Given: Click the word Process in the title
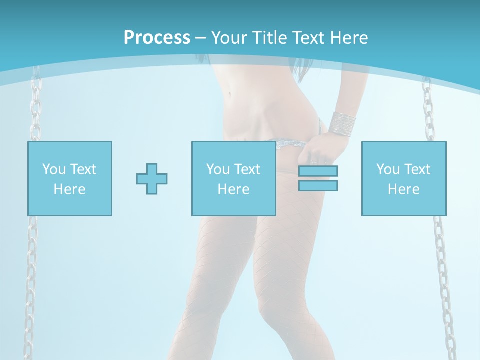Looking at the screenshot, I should click(x=157, y=38).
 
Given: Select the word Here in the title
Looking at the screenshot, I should click(x=348, y=38).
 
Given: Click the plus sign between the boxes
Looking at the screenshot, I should click(x=152, y=179).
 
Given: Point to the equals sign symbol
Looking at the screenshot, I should click(x=318, y=178).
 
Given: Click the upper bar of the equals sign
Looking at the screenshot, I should click(x=318, y=171).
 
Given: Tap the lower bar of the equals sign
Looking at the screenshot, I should click(x=318, y=185).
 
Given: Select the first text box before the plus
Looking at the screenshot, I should click(x=70, y=178).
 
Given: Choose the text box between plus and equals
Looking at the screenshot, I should click(x=233, y=178).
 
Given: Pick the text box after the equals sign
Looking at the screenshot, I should click(x=404, y=178).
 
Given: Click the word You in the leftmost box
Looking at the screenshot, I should click(x=53, y=169).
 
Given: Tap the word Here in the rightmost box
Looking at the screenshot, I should click(x=404, y=189).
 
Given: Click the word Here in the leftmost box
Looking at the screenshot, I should click(x=70, y=189).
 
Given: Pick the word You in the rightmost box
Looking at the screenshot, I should click(x=387, y=169).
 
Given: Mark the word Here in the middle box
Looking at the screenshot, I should click(x=233, y=189).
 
